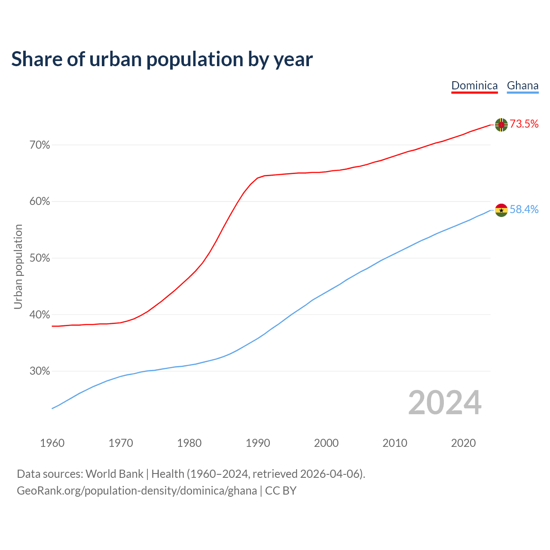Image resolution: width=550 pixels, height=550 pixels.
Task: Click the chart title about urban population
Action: [162, 59]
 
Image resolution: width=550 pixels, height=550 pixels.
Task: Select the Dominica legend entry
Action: [474, 86]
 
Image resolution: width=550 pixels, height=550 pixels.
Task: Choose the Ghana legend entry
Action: [522, 86]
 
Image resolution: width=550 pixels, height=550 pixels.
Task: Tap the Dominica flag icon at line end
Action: [501, 125]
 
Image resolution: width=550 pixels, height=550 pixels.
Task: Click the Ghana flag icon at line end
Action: [501, 210]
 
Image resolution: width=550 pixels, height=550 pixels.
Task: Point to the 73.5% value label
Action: [524, 124]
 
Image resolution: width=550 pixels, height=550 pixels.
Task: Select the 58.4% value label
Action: [524, 209]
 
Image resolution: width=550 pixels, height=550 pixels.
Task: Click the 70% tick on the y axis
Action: [40, 145]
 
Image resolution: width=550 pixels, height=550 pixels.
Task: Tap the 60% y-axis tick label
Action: [40, 202]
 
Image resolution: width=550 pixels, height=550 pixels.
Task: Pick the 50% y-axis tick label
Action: [40, 258]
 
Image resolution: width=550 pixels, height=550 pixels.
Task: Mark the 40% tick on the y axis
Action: [40, 315]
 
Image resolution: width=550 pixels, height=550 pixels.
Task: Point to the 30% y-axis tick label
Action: [40, 371]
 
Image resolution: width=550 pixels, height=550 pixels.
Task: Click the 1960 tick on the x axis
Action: [52, 443]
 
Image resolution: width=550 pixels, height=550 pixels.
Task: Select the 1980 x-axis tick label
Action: [189, 443]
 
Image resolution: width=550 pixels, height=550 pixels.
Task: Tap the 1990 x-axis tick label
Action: [258, 443]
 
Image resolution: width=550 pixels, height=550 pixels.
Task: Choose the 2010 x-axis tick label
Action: [395, 443]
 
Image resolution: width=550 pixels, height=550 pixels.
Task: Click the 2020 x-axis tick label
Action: [463, 443]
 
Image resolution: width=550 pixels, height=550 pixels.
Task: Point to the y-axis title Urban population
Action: [18, 266]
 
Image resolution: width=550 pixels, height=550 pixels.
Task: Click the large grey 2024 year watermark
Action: [445, 403]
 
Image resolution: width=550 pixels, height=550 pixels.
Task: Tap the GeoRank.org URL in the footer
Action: [137, 491]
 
